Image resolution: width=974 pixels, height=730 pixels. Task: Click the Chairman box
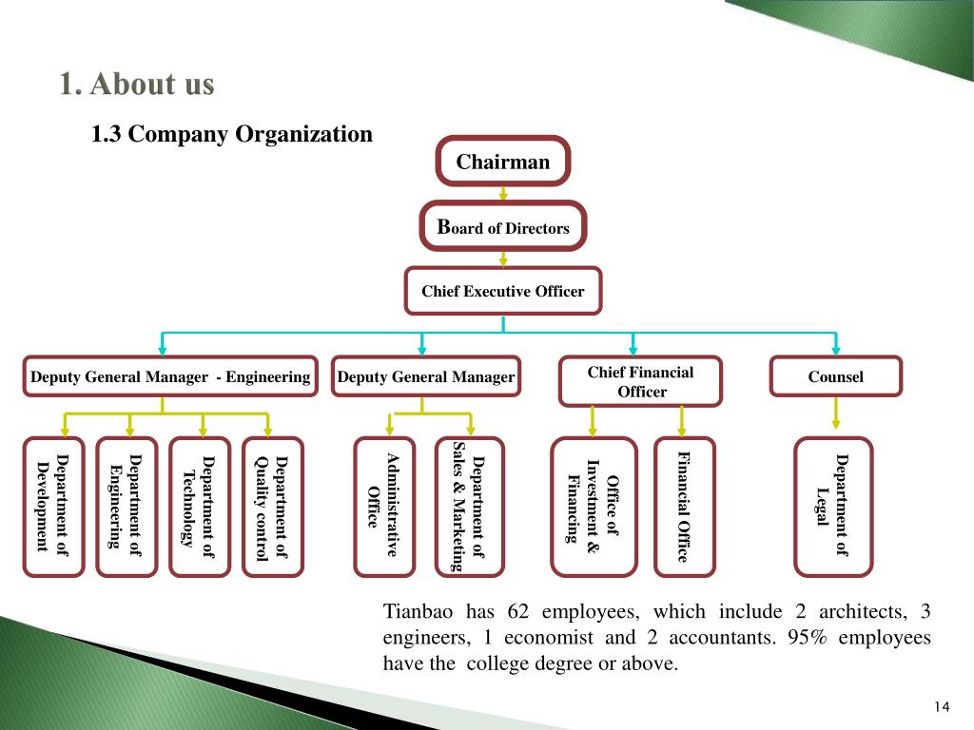point(502,161)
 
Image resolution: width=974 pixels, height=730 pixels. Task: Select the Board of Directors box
point(503,226)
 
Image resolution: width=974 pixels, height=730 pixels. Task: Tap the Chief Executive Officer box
point(503,291)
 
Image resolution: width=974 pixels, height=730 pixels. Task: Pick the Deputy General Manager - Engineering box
point(170,376)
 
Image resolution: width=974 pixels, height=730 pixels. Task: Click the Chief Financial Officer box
point(640,381)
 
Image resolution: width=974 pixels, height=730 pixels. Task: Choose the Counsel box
point(835,376)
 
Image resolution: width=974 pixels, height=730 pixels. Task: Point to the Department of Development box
point(53,507)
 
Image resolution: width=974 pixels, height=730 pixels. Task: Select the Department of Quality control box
point(273,507)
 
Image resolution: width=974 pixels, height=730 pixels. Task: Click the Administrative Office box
point(384,507)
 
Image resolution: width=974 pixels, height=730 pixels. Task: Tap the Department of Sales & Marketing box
point(469,507)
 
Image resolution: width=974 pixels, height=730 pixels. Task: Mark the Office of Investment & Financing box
point(594,507)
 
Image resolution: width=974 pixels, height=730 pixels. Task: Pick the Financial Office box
point(685,507)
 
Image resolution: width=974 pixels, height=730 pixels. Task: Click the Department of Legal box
point(833,507)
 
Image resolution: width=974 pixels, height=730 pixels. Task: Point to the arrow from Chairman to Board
point(503,193)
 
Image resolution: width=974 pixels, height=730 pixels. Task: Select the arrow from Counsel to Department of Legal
point(835,413)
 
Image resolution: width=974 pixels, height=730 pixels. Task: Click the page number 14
point(942,706)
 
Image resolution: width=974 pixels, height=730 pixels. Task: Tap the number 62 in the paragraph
point(518,611)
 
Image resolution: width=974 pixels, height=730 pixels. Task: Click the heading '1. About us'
point(137,84)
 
